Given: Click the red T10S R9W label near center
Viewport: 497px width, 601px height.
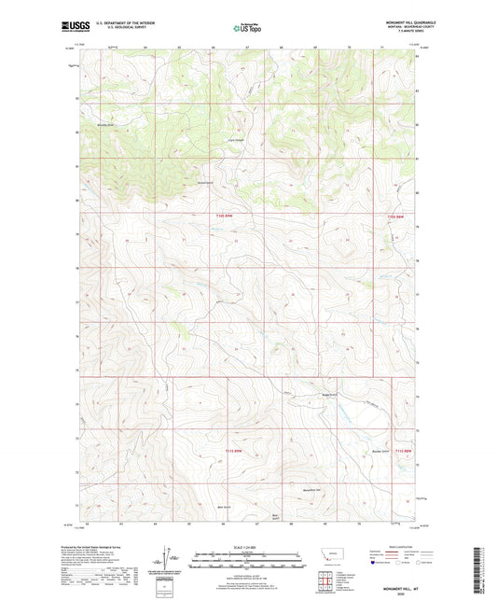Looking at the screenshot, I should [221, 218].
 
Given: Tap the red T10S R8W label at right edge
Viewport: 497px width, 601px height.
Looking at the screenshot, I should [395, 218].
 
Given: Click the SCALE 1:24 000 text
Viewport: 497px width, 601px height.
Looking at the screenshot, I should [248, 546].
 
